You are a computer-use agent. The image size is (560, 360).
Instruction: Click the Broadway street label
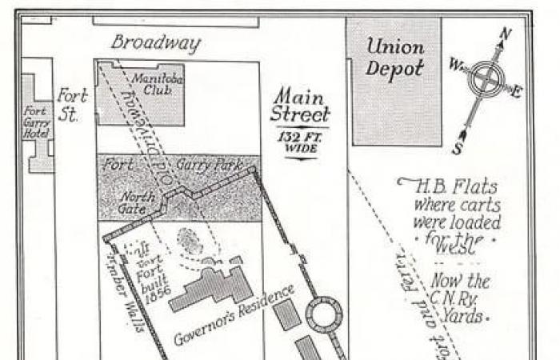tap(155, 42)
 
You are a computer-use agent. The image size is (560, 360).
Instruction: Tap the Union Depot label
tap(394, 58)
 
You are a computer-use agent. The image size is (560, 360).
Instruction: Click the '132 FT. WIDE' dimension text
tap(298, 143)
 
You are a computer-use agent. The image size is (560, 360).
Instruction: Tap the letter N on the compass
tap(505, 34)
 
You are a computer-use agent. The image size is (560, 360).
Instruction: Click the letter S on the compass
tap(457, 148)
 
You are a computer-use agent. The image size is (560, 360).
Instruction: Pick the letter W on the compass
tap(456, 64)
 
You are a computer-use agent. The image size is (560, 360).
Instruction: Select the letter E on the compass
tap(516, 91)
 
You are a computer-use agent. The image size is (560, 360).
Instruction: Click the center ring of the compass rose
tap(485, 79)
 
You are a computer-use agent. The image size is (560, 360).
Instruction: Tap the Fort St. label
tap(71, 105)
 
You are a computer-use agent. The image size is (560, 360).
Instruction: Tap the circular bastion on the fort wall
tap(325, 313)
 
